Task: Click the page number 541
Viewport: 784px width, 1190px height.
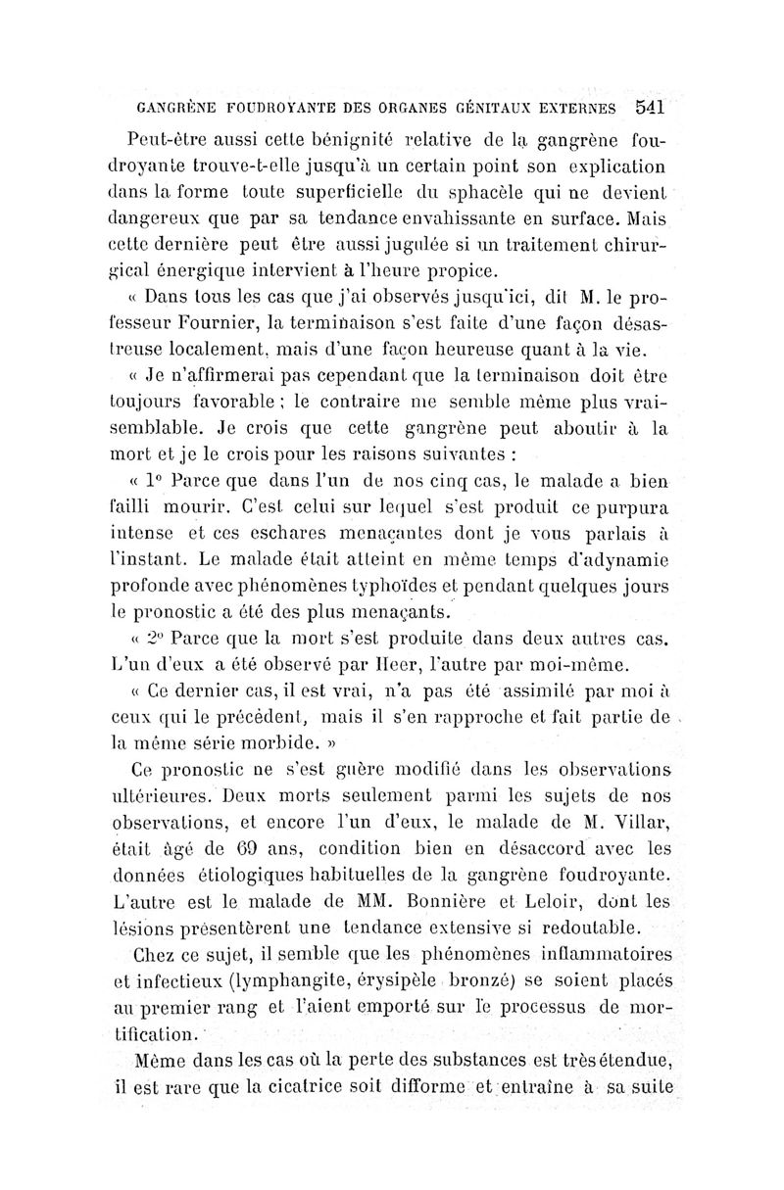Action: pos(650,106)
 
